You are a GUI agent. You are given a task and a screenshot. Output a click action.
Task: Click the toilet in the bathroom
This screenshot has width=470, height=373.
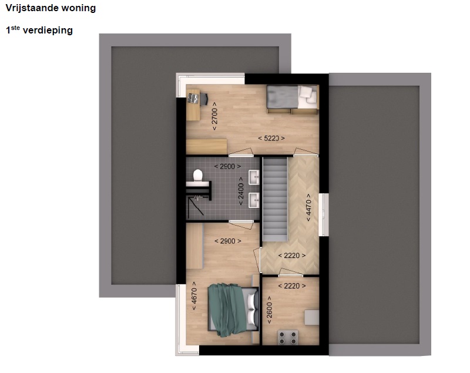coord(197,175)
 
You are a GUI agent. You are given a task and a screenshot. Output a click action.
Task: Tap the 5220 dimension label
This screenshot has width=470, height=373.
coord(271,139)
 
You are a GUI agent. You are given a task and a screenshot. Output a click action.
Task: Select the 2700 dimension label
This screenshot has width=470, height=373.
coord(214,116)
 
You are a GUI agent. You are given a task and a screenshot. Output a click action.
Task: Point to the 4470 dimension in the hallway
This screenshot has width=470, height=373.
coord(308,207)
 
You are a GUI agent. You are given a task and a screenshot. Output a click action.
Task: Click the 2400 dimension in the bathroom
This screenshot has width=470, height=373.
coord(241,191)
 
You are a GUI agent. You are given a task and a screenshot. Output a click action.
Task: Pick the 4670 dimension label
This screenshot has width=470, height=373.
coord(194,296)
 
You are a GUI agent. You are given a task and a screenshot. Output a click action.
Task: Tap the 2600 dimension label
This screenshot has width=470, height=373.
coord(269,310)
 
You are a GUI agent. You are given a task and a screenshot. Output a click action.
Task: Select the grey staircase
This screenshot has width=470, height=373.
coord(275,199)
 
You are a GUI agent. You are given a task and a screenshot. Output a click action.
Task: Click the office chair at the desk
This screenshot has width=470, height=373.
coord(203,99)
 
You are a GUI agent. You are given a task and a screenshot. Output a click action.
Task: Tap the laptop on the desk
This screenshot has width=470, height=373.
coord(193,98)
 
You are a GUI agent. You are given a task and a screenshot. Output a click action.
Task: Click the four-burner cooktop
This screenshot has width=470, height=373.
coord(288,337)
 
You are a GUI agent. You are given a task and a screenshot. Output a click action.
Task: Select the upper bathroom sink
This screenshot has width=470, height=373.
coord(254,177)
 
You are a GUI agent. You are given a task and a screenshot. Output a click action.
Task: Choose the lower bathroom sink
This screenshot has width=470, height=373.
coord(254,200)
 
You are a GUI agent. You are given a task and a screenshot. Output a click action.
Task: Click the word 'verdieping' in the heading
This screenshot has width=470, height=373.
coord(48,31)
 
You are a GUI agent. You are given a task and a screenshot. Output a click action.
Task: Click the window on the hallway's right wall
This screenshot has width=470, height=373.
coord(324,214)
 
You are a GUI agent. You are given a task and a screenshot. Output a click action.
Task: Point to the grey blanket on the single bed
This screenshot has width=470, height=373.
coord(283,96)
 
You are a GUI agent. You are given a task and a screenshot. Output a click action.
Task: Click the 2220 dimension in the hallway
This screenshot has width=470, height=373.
coord(292,256)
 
